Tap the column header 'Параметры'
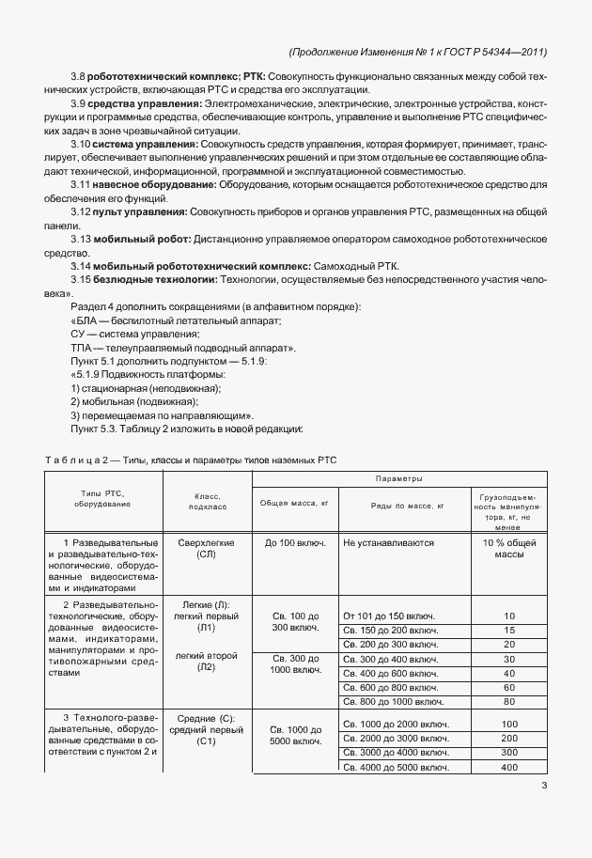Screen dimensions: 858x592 (x=399, y=479)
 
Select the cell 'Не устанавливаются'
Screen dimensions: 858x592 (x=387, y=543)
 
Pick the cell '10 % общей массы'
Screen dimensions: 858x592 (x=509, y=549)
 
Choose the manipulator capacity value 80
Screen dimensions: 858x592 (x=509, y=701)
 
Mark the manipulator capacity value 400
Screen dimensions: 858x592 (x=509, y=768)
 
